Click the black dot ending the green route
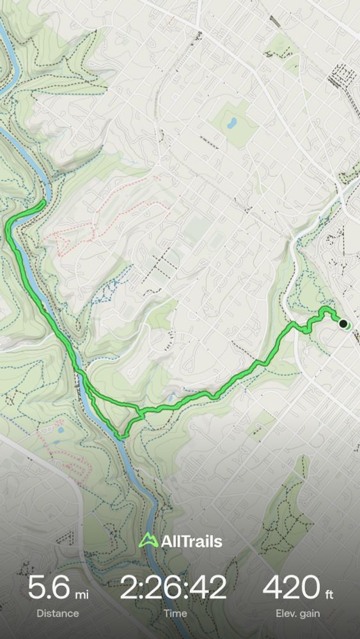[343, 324]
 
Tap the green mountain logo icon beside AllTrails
[148, 541]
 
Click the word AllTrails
[192, 542]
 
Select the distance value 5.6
[49, 587]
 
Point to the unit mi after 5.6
[82, 595]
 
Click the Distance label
[58, 613]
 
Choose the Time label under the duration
[175, 613]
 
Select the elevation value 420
[292, 587]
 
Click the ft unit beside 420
[329, 595]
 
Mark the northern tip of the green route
[43, 203]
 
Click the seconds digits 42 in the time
[210, 587]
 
